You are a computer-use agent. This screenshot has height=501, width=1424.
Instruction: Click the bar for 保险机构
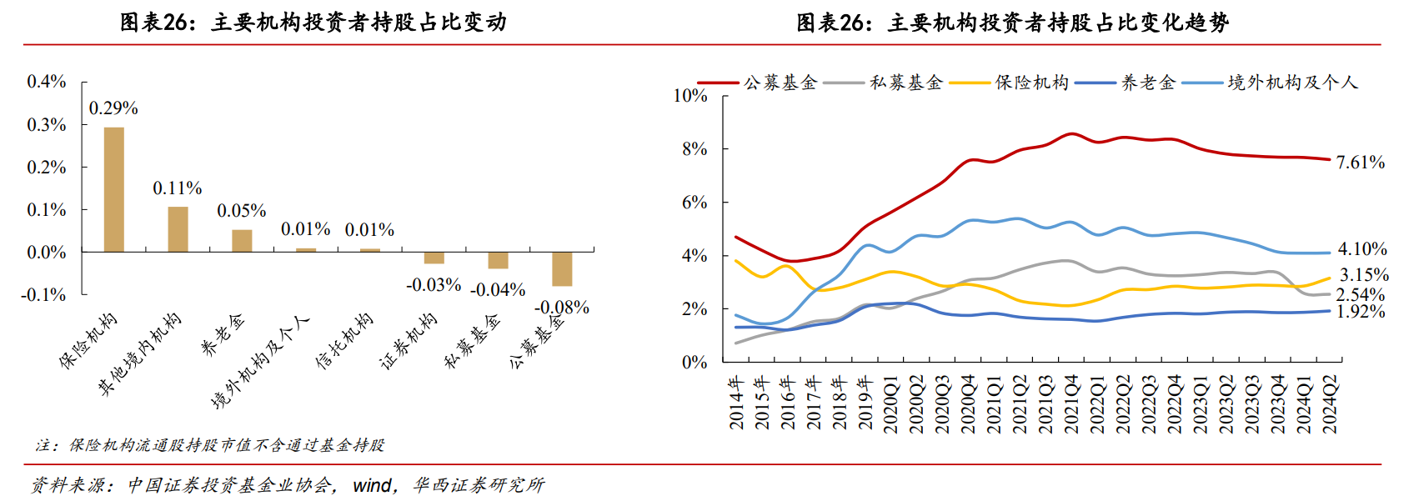[x=114, y=189]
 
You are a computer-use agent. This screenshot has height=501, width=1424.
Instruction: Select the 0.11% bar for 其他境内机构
[x=178, y=229]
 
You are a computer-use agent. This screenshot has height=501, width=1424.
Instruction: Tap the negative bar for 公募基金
[x=562, y=268]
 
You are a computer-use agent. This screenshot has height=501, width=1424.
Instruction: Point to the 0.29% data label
[x=113, y=108]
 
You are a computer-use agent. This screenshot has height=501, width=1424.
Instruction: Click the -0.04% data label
[x=498, y=290]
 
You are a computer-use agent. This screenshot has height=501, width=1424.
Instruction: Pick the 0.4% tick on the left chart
[x=47, y=82]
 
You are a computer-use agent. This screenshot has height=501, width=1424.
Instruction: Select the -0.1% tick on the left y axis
[x=44, y=294]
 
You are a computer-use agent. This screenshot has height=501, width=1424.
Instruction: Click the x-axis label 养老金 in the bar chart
[x=223, y=334]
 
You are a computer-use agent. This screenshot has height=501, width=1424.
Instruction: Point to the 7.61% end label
[x=1360, y=163]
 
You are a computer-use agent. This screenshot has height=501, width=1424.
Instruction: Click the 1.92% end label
[x=1360, y=312]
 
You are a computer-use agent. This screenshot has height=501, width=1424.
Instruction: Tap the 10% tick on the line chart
[x=690, y=96]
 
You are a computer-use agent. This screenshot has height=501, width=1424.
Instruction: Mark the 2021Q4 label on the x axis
[x=1071, y=404]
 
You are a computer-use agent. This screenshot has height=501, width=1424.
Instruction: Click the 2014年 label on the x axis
[x=737, y=403]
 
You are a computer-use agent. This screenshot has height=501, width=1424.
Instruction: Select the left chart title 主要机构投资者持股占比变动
[x=313, y=23]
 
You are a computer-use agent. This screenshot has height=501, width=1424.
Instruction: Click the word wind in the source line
[x=372, y=485]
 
